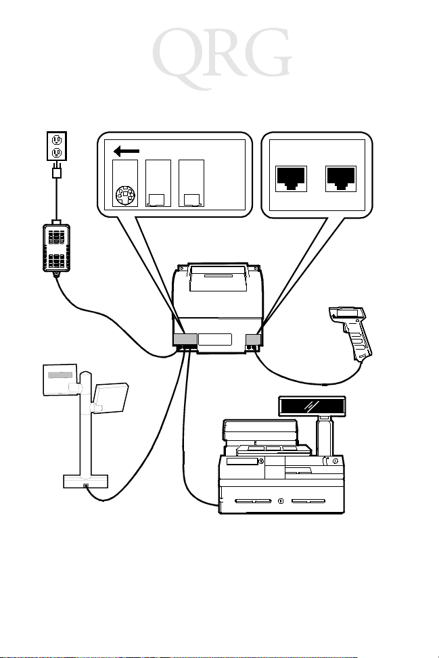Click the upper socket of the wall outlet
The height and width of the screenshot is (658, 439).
57,139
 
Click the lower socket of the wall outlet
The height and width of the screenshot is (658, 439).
57,153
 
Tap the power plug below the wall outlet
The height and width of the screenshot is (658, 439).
57,172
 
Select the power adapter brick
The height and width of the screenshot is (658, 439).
56,248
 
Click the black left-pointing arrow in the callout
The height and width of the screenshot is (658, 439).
126,151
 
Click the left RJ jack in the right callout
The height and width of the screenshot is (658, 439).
292,179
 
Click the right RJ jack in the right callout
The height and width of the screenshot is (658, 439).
341,179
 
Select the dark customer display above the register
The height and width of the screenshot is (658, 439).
311,405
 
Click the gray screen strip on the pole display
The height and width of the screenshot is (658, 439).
60,375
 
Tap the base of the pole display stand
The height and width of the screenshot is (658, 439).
86,481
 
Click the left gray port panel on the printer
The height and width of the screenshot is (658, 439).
185,339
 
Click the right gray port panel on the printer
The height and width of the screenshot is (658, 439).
254,339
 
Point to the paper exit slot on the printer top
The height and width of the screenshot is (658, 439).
218,275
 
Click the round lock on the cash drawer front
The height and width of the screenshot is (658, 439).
281,501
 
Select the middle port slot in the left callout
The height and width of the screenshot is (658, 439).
158,183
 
